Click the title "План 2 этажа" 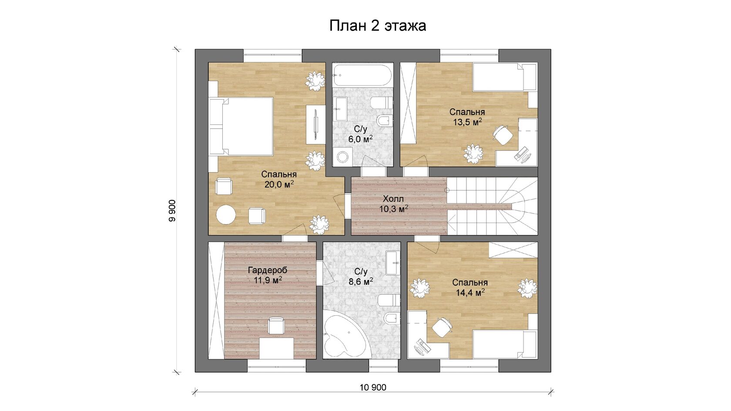(378, 26)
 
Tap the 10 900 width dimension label (372, 388)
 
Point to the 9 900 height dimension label (172, 211)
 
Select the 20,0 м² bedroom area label (279, 184)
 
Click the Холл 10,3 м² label (393, 204)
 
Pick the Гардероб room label (268, 270)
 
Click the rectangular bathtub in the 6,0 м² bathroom (362, 75)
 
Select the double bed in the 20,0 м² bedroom (241, 126)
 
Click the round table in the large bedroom (226, 214)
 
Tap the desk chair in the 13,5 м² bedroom (503, 134)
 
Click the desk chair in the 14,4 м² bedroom (442, 327)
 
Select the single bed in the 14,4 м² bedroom (505, 345)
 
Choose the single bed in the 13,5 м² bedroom (505, 77)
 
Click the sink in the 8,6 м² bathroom (392, 263)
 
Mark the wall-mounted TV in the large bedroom (315, 124)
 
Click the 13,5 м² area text (467, 122)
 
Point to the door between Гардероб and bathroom (325, 273)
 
